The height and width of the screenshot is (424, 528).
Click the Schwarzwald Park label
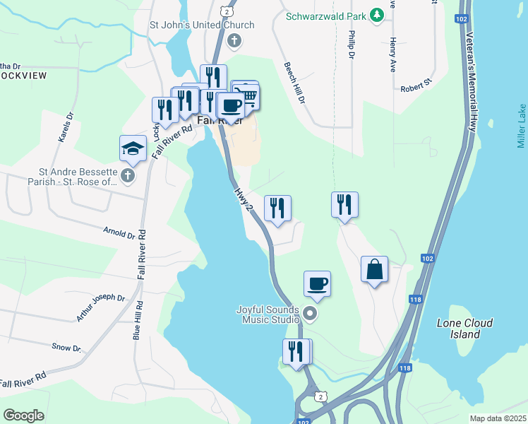328,15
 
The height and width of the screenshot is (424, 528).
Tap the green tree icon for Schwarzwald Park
378,15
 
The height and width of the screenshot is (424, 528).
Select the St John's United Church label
201,25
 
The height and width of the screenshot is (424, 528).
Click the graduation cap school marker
133,148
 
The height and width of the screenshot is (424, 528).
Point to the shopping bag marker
375,269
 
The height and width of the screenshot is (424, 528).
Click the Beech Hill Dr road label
294,83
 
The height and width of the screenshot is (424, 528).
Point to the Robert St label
416,85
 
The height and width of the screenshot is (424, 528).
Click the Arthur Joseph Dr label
100,308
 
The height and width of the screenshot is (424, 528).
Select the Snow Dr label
67,347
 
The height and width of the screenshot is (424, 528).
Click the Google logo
23,416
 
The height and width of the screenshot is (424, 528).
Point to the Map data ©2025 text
498,418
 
